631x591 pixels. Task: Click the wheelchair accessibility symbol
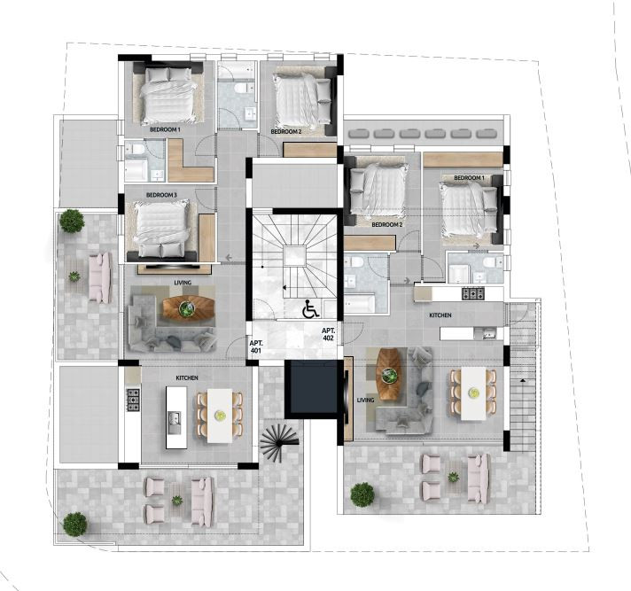coord(310,309)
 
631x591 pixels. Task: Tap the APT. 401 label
coord(255,346)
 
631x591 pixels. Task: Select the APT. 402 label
coord(328,334)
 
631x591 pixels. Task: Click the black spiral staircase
coord(280,442)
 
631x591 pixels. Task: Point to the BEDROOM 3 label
coord(161,195)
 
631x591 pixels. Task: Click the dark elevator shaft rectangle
coord(311,389)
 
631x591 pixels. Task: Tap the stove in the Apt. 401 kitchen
coord(133,400)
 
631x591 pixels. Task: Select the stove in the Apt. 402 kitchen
coord(473,293)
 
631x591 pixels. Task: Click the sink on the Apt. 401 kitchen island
coord(175,423)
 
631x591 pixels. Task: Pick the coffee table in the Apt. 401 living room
coord(189,308)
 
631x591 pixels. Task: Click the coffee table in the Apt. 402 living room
coord(389,374)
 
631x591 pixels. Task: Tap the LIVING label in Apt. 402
coord(365,400)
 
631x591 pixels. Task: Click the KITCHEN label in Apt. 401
coord(187,378)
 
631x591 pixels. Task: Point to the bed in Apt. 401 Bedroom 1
coord(168,96)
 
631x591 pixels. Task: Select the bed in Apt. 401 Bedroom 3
coord(161,229)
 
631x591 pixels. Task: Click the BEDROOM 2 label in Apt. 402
coord(387,225)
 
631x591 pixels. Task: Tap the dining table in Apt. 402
coord(473,393)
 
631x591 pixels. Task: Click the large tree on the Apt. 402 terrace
coord(362,494)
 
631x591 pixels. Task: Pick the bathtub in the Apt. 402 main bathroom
coord(360,304)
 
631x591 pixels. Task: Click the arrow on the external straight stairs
coord(523,380)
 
